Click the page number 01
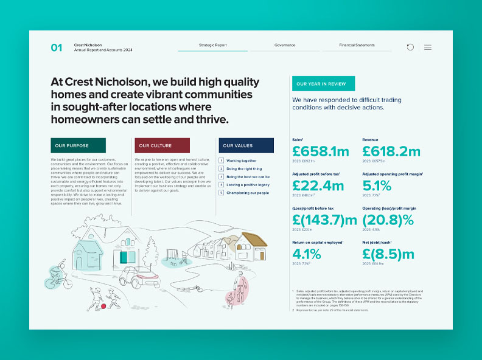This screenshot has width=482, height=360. coord(57,47)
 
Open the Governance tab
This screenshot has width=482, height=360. coord(285,46)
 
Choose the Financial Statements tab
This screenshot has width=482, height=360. coord(357,46)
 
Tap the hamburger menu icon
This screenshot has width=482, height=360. coord(428,47)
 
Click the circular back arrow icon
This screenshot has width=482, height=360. coord(410,47)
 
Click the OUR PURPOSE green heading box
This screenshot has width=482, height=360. coord(78,145)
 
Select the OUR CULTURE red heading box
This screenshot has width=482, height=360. coord(161,145)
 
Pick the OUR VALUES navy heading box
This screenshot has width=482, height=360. coord(245,145)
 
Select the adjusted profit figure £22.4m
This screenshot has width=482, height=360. coord(318,185)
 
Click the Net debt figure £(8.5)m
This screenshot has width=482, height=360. coord(388,254)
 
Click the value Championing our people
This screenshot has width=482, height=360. coord(248,192)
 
